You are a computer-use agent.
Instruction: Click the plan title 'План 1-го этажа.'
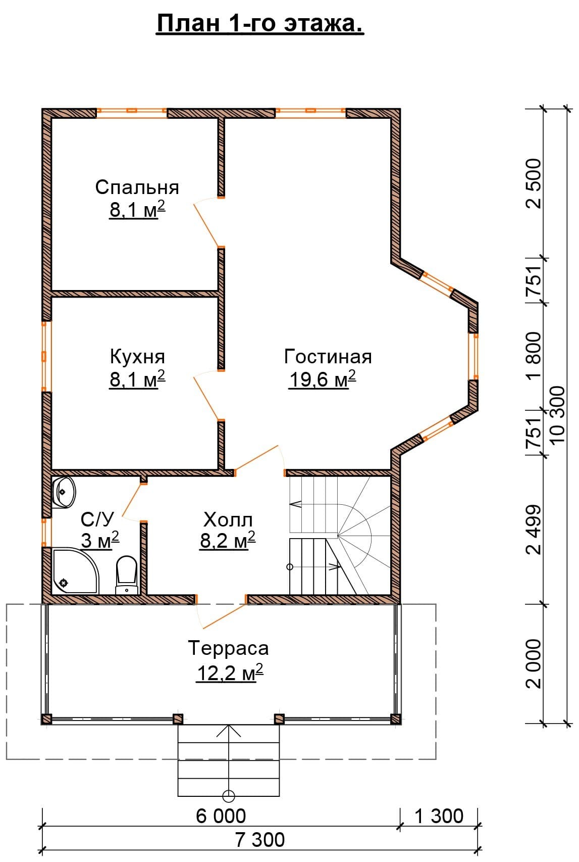click(x=260, y=24)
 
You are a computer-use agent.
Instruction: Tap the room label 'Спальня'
click(x=137, y=188)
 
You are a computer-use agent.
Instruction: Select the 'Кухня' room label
click(x=137, y=357)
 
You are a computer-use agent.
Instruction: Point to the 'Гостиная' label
click(x=328, y=356)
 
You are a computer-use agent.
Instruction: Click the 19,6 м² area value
click(x=323, y=379)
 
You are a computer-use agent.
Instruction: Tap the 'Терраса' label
click(x=228, y=648)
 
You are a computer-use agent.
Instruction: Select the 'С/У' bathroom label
click(x=97, y=519)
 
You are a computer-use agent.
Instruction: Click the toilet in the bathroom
click(x=127, y=575)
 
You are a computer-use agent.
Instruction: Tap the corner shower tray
click(x=75, y=570)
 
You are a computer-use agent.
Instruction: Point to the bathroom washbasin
click(x=64, y=492)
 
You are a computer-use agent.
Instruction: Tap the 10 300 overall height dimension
click(x=557, y=414)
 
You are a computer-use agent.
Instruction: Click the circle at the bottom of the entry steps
click(x=229, y=796)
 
